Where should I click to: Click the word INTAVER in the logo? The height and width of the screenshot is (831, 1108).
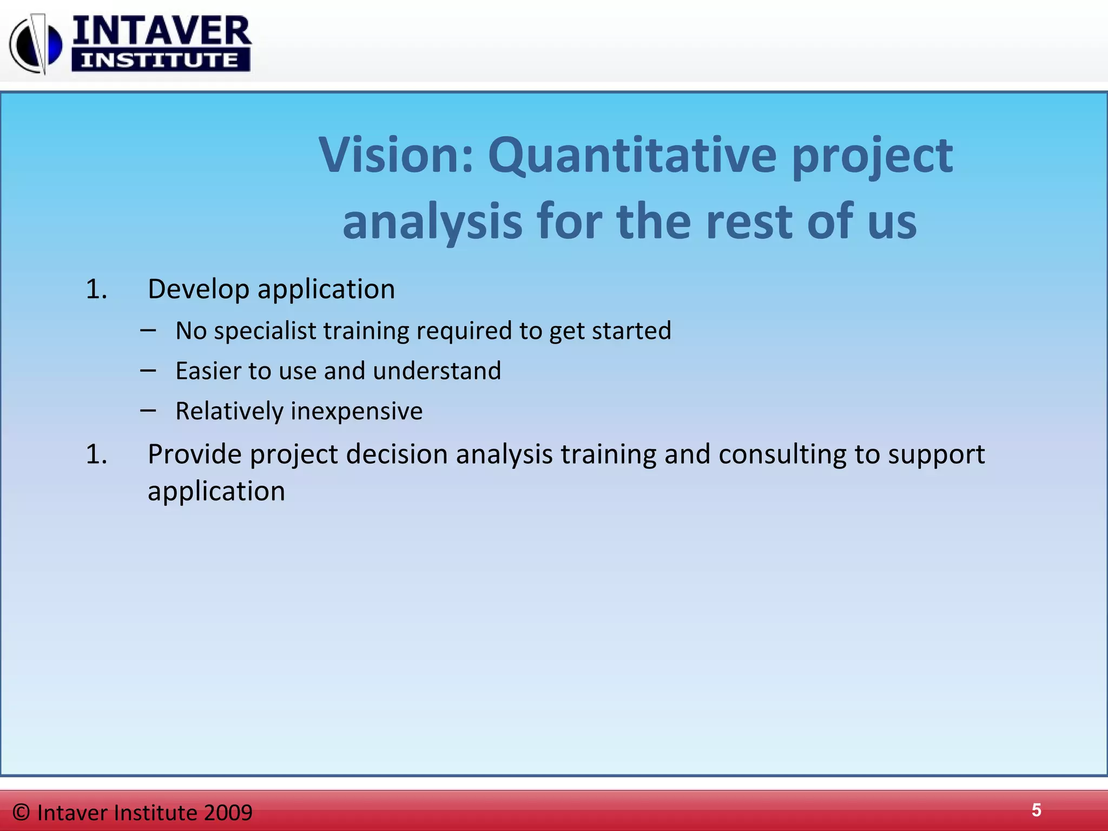(161, 31)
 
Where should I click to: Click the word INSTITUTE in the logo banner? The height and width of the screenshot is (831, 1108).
(160, 60)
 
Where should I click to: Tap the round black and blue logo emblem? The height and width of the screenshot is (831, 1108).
(36, 44)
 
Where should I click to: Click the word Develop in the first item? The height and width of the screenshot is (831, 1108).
(197, 289)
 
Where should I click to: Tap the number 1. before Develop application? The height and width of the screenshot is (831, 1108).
(96, 289)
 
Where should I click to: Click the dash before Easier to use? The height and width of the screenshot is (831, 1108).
(148, 371)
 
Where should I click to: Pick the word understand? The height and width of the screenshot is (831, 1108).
(437, 371)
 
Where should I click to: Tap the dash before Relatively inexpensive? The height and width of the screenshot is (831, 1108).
(148, 411)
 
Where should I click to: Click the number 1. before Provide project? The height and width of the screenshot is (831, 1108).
(96, 454)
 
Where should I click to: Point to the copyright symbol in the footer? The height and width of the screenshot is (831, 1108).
(21, 812)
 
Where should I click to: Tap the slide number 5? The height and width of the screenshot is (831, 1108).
(1036, 810)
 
